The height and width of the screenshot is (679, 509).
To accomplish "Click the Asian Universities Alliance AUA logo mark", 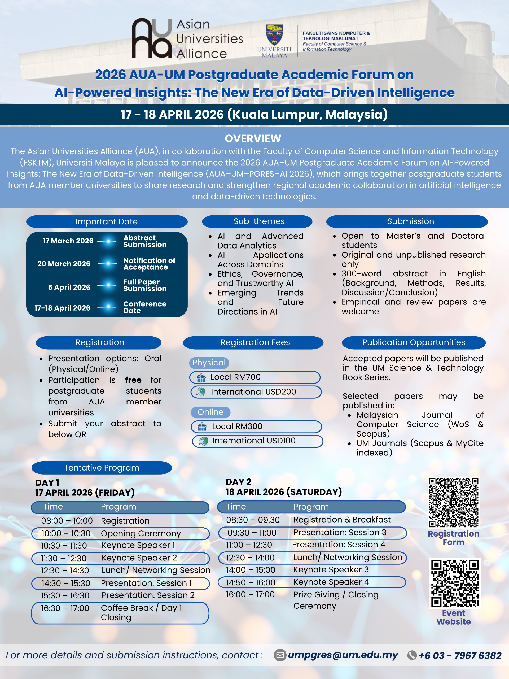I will [x=152, y=38].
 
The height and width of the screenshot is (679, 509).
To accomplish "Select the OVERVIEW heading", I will [x=253, y=138].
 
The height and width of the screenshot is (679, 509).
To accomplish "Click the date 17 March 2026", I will [x=68, y=241].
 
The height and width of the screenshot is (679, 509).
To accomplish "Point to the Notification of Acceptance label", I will [x=149, y=264].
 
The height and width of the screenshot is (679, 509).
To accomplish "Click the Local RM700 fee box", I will [x=255, y=377].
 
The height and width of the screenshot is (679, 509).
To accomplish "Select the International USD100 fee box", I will [x=257, y=441].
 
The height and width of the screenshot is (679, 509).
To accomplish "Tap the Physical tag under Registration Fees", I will [x=209, y=363].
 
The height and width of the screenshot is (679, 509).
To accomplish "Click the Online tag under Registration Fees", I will [x=210, y=412].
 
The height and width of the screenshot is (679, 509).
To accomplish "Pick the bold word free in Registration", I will [x=133, y=380].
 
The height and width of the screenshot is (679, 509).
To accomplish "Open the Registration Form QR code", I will [x=454, y=502].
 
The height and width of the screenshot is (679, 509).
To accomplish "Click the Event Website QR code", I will [x=455, y=583].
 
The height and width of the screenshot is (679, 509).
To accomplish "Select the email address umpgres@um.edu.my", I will [x=343, y=655].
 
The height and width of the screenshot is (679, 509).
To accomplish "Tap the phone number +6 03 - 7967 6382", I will [x=460, y=656].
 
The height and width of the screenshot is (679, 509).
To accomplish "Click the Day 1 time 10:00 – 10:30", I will [x=66, y=533].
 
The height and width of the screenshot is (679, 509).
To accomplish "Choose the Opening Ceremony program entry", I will [x=141, y=533].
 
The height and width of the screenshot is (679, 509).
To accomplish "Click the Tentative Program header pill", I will [x=102, y=468].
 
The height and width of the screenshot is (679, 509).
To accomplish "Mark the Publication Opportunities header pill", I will [x=414, y=343].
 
